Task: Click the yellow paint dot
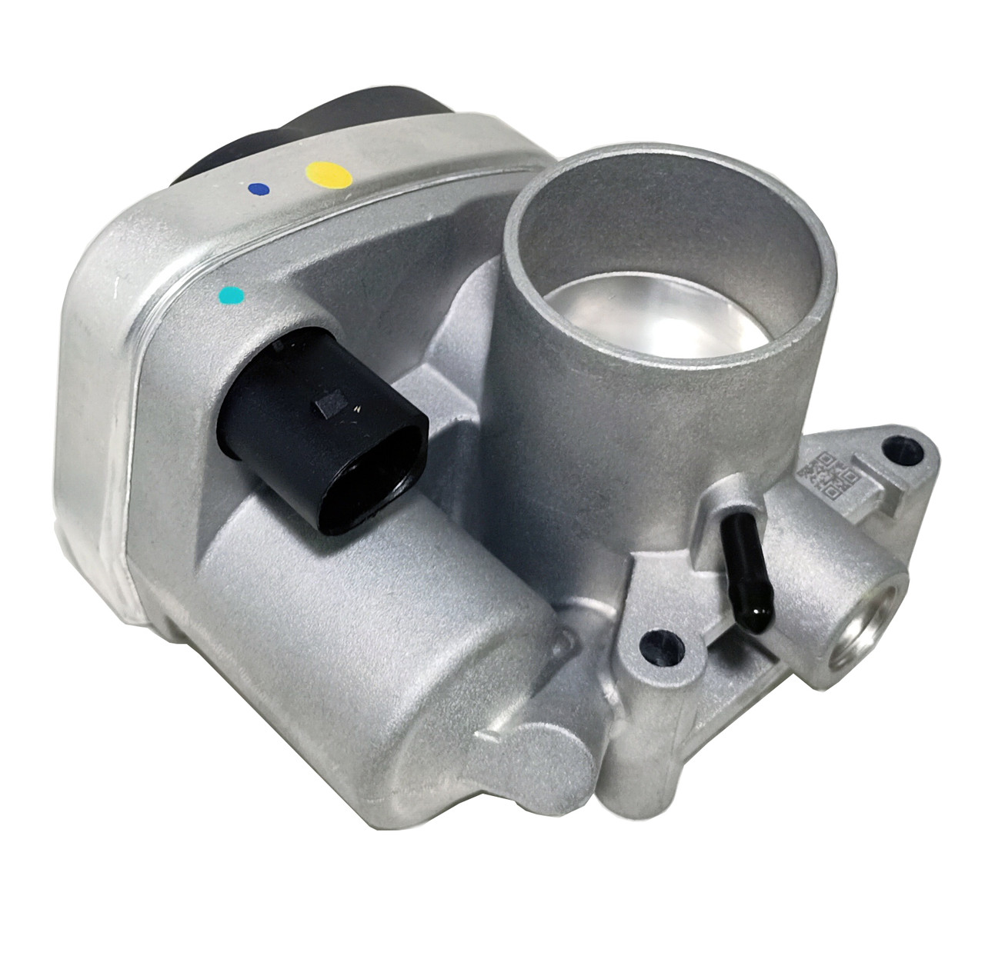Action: click(329, 172)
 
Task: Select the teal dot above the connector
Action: click(231, 294)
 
